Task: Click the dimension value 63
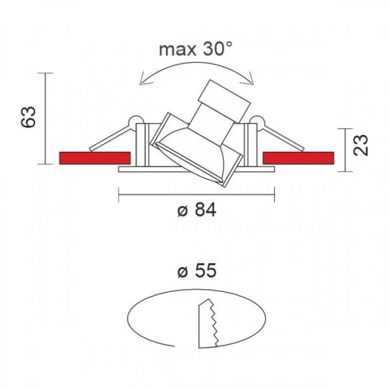[x=28, y=117]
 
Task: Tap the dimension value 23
[x=361, y=145]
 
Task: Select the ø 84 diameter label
[x=197, y=210]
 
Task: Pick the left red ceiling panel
[x=95, y=158]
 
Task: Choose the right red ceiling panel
[x=299, y=158]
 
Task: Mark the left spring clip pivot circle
[x=135, y=122]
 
